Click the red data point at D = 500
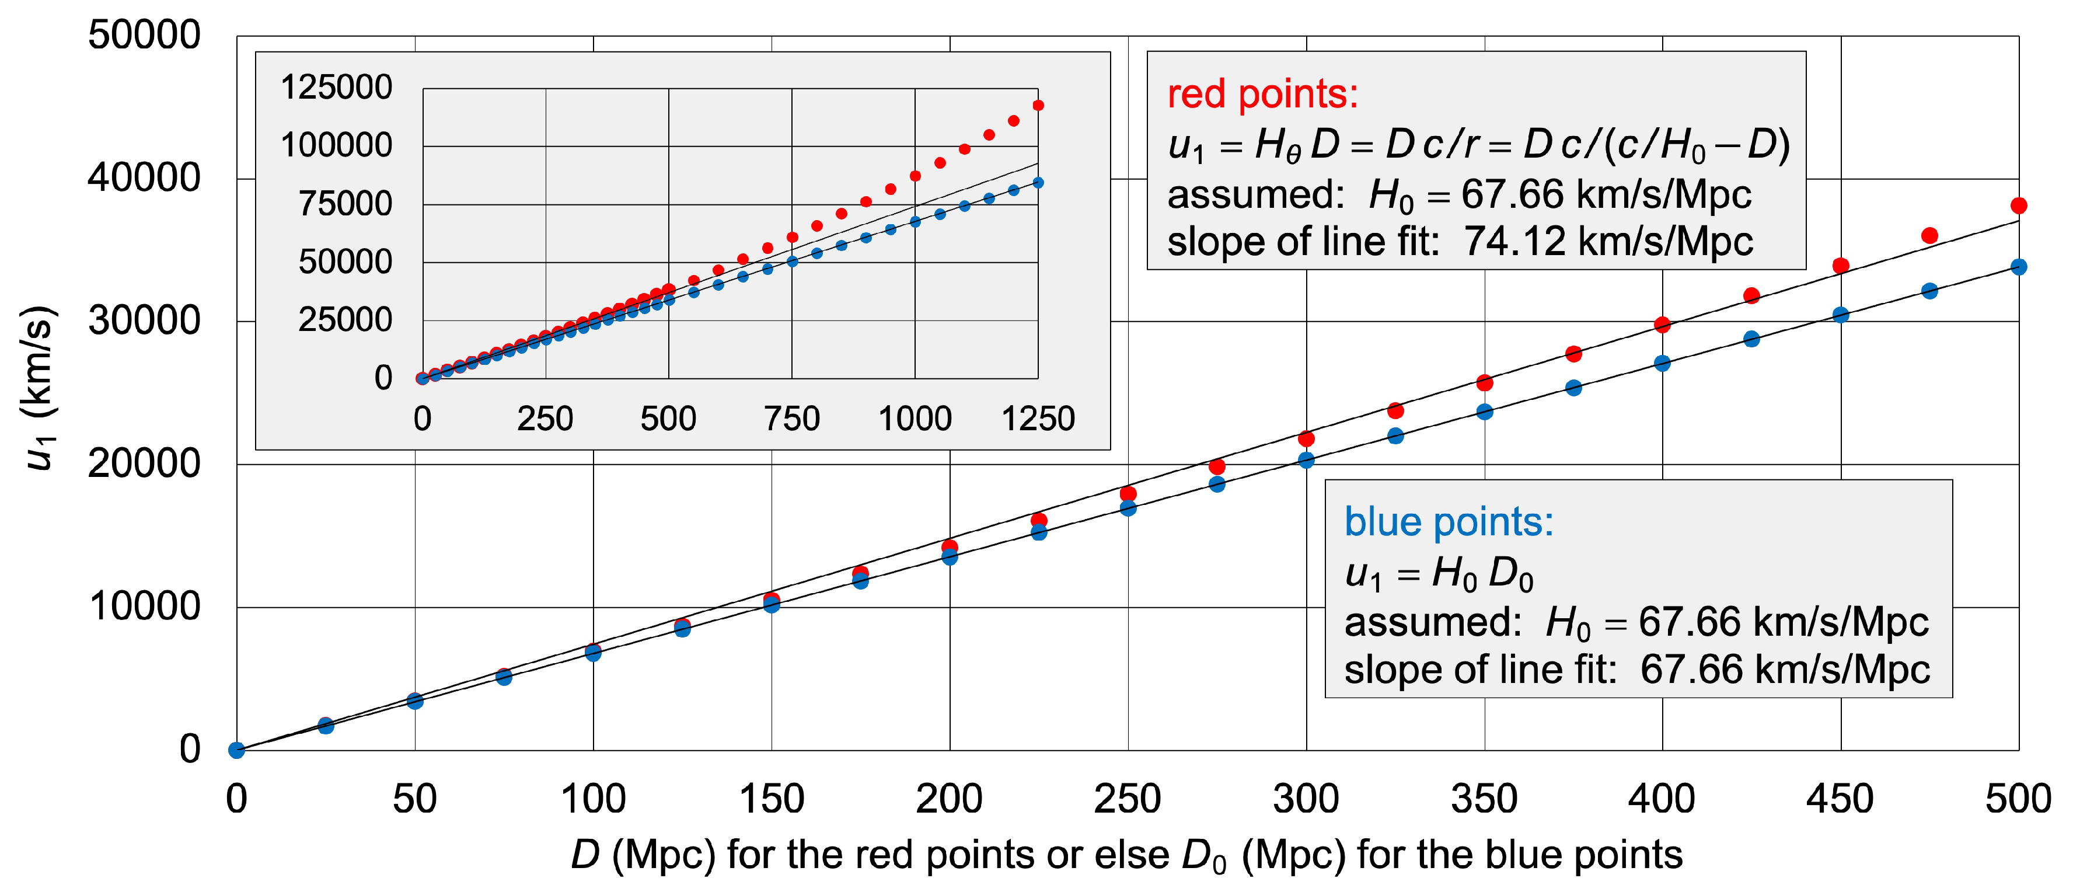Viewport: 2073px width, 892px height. point(2018,205)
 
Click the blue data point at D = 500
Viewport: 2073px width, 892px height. point(2018,266)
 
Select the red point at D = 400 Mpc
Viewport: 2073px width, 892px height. point(1662,325)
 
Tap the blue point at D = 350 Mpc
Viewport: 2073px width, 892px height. point(1484,412)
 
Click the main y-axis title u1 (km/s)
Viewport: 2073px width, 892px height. point(39,386)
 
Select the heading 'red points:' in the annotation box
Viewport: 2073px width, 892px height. point(1262,94)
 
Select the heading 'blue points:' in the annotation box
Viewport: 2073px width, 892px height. point(1449,522)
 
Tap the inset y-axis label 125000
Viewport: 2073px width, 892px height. point(336,87)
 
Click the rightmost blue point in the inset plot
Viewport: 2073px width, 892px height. point(1038,183)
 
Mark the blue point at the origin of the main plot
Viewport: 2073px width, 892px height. point(236,750)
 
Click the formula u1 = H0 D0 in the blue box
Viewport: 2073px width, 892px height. point(1439,573)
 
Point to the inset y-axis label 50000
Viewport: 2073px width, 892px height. point(345,262)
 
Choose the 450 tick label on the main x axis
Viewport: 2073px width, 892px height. point(1840,799)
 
